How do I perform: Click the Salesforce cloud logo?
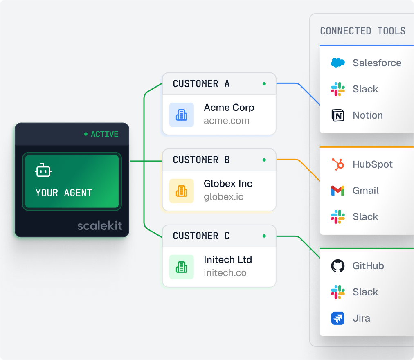click(x=337, y=63)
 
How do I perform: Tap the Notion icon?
click(x=337, y=115)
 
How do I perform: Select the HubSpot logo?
click(x=337, y=164)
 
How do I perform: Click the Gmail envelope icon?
click(x=337, y=191)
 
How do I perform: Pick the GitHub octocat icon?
click(x=337, y=266)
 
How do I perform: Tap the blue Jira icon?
click(x=337, y=318)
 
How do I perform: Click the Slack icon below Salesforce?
click(x=337, y=89)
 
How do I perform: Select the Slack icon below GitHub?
click(x=337, y=292)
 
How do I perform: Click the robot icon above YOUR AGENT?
click(x=43, y=171)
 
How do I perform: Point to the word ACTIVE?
click(x=104, y=134)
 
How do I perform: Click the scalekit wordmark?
click(x=100, y=225)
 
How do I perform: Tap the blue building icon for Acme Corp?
click(x=182, y=115)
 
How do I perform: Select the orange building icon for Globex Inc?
click(x=182, y=191)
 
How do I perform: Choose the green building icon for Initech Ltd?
click(x=182, y=267)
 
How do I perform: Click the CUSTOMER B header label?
click(x=201, y=160)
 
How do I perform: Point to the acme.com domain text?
click(x=226, y=121)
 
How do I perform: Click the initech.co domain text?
click(x=225, y=273)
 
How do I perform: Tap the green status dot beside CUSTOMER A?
click(x=264, y=84)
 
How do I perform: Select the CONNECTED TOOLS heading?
click(x=362, y=31)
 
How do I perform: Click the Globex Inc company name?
click(x=228, y=184)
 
